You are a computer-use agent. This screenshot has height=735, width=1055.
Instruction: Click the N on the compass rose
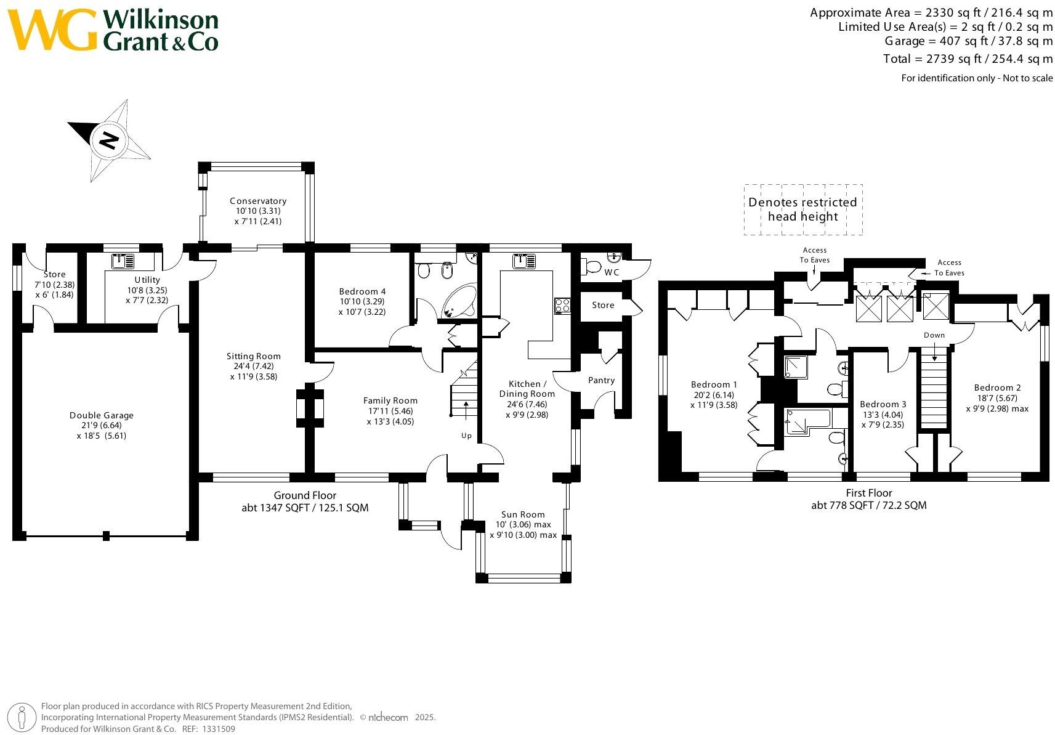coord(110,140)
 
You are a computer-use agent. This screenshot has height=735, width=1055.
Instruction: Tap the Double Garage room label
coord(101,415)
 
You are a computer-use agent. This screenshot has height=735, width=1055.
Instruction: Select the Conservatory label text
coord(258,201)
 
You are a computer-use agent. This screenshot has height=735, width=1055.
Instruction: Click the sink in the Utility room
coord(123,261)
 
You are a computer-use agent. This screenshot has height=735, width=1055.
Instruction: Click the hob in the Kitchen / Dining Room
coord(562,306)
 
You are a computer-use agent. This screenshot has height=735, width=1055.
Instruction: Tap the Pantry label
coord(602,380)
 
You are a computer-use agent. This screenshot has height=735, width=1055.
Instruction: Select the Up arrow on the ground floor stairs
coord(466,410)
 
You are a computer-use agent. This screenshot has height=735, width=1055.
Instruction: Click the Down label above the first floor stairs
coord(934,335)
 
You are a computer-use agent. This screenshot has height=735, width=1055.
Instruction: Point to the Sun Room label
coord(523,514)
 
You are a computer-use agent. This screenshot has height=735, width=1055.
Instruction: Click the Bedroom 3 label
coord(883,404)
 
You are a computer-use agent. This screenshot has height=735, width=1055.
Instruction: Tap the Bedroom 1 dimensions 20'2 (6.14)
coord(714,395)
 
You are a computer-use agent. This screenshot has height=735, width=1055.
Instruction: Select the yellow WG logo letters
coord(52,29)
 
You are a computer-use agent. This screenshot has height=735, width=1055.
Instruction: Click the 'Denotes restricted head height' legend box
coord(803,209)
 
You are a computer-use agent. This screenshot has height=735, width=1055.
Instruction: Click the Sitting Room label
coord(253,356)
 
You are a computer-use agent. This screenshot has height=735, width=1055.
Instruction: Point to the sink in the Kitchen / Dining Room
coord(524,261)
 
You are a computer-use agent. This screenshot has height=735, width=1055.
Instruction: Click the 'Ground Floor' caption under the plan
coord(305,495)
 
